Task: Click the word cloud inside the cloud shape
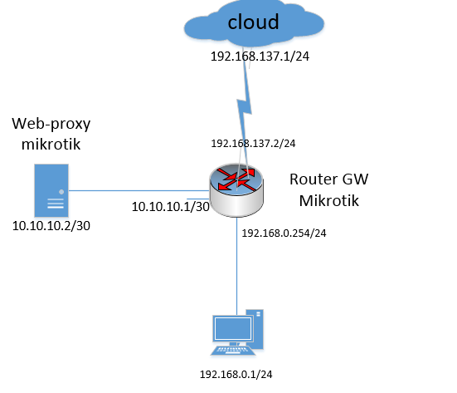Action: (253, 22)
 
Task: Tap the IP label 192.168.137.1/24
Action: (260, 56)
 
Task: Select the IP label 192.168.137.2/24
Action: (253, 144)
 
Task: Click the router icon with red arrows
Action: (236, 189)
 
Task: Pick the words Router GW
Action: (328, 179)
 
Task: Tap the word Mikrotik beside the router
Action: (328, 200)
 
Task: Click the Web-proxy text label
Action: (51, 124)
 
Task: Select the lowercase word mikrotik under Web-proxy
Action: (51, 144)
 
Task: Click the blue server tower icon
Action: (51, 190)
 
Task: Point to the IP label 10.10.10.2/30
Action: (51, 226)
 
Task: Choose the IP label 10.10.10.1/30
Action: (171, 207)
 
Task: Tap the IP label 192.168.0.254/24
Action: (284, 233)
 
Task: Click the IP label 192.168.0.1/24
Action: (236, 375)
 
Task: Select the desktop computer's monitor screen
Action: (233, 328)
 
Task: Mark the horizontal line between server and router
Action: (139, 190)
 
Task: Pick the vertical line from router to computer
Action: (236, 266)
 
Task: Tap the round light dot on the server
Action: (61, 192)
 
